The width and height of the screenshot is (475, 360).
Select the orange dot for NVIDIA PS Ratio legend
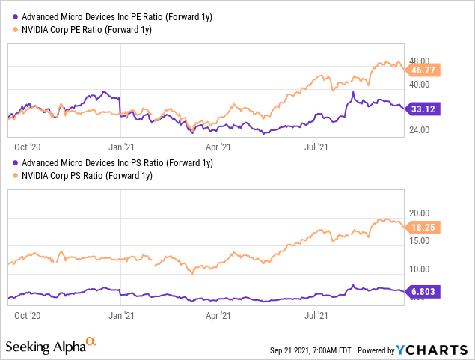tap(13, 176)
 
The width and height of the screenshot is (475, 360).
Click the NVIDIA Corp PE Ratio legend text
tap(87, 29)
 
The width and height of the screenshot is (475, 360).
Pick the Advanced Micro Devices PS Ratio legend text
tap(117, 162)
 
